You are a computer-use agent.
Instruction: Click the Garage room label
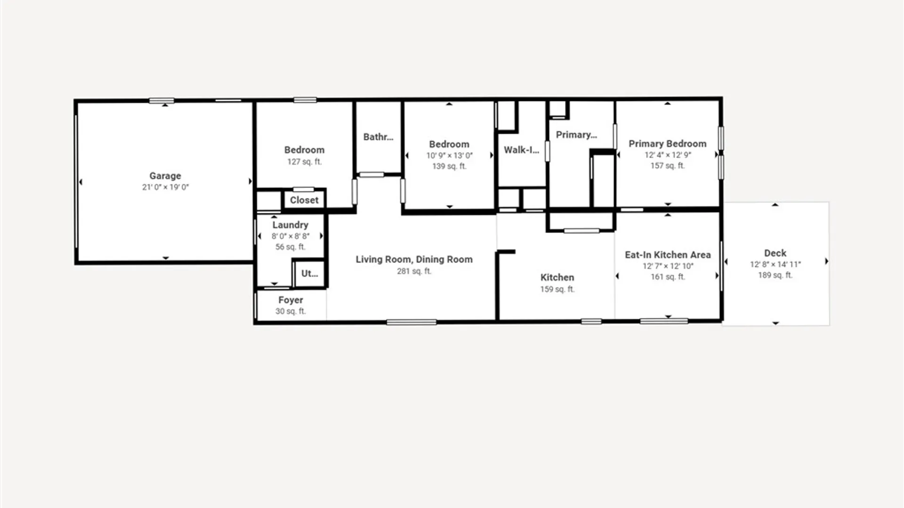pyautogui.click(x=165, y=176)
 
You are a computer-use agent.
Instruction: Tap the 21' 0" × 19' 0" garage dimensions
pyautogui.click(x=165, y=187)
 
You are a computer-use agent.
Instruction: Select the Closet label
pyautogui.click(x=304, y=200)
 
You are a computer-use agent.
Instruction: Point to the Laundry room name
pyautogui.click(x=290, y=225)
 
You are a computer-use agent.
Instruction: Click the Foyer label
pyautogui.click(x=291, y=300)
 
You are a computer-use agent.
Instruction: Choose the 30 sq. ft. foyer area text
pyautogui.click(x=291, y=311)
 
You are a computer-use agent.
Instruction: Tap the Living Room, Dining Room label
pyautogui.click(x=414, y=259)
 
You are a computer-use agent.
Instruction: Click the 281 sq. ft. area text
pyautogui.click(x=414, y=271)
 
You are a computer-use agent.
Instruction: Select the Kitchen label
pyautogui.click(x=557, y=278)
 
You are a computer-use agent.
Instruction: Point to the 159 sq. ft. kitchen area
pyautogui.click(x=557, y=289)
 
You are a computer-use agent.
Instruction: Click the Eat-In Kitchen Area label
pyautogui.click(x=668, y=255)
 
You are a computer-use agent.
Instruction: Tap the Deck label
pyautogui.click(x=775, y=253)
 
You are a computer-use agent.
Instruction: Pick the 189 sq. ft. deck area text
pyautogui.click(x=775, y=275)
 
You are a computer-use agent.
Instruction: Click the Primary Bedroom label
pyautogui.click(x=667, y=144)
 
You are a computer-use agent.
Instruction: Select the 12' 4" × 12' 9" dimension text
pyautogui.click(x=668, y=155)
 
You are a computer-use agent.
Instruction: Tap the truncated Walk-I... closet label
pyautogui.click(x=521, y=150)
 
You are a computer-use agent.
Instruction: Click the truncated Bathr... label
pyautogui.click(x=378, y=137)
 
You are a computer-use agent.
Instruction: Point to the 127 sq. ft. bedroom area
pyautogui.click(x=305, y=162)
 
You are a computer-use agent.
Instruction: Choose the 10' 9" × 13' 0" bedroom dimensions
pyautogui.click(x=449, y=155)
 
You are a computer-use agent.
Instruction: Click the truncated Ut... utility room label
pyautogui.click(x=309, y=273)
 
